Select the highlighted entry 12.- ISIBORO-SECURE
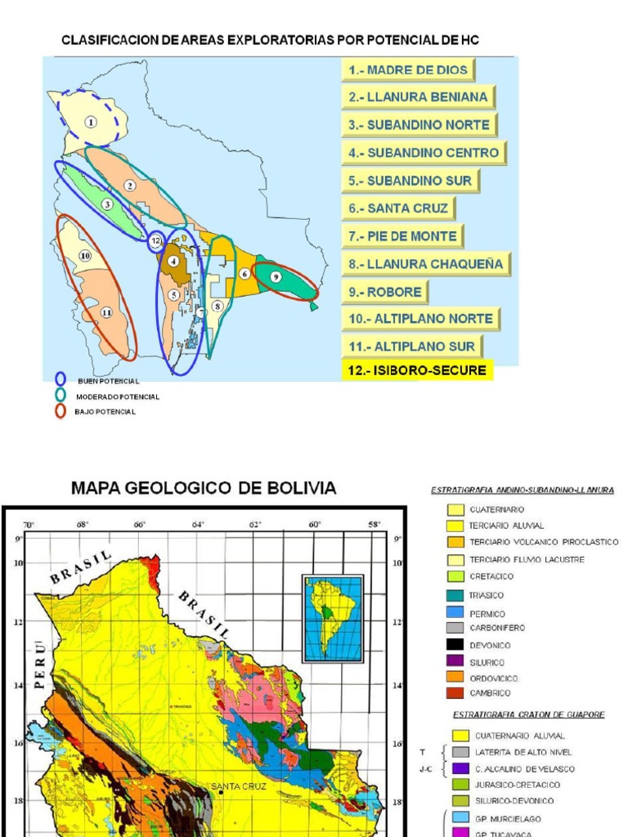(417, 370)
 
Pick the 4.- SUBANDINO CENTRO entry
(424, 153)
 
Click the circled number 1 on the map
(91, 122)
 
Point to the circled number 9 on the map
(276, 277)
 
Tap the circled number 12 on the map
(156, 241)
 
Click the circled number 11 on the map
(106, 312)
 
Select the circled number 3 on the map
(107, 204)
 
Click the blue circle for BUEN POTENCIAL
(61, 380)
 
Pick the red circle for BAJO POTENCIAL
(61, 410)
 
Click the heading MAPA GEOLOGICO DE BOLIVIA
(204, 488)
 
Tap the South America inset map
(332, 618)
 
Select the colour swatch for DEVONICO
(455, 645)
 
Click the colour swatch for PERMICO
(455, 613)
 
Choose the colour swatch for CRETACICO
(455, 575)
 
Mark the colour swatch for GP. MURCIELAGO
(461, 818)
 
